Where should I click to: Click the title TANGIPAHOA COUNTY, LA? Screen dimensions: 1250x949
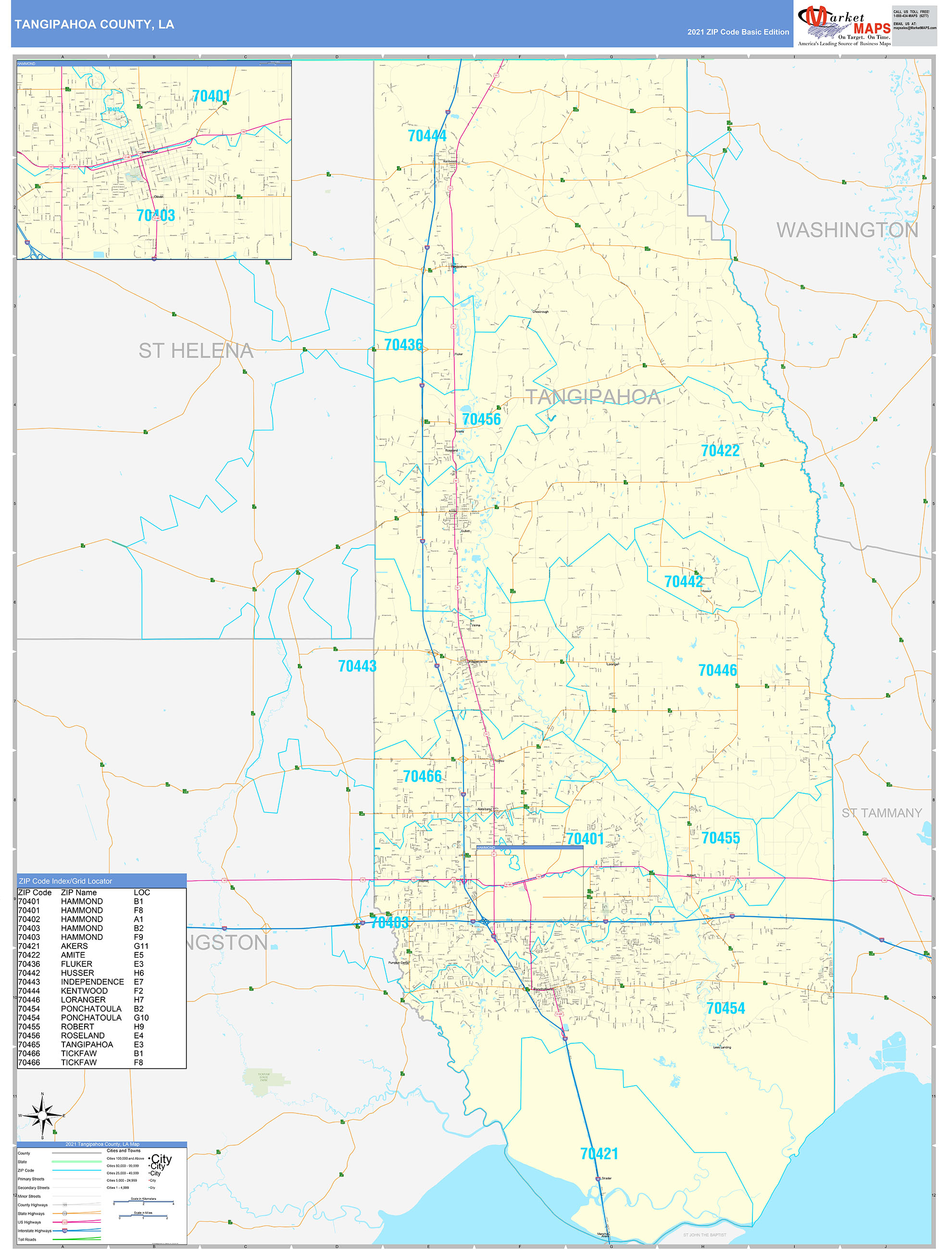tap(94, 25)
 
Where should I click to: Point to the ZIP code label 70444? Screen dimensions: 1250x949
tap(427, 136)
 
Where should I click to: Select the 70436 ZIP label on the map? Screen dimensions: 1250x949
tap(403, 345)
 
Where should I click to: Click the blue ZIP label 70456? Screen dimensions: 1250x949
tap(481, 419)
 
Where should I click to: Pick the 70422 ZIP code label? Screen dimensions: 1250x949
tap(720, 450)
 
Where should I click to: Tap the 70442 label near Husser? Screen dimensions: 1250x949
tap(683, 581)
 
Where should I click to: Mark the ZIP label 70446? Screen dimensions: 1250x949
tap(717, 670)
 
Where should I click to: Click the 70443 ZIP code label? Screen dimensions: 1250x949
tap(357, 666)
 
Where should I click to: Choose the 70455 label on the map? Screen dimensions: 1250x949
tap(720, 838)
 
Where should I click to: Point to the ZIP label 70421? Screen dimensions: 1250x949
tap(599, 1154)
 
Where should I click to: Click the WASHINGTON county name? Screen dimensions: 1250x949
tap(847, 230)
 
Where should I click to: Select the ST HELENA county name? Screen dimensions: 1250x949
tap(196, 351)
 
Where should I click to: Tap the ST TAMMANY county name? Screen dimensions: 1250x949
tap(881, 813)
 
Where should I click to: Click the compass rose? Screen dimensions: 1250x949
tap(42, 1116)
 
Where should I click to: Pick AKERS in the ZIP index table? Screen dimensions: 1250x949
tap(74, 946)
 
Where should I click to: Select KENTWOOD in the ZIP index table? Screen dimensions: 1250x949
tap(84, 990)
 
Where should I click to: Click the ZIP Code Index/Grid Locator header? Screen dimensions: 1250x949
tap(65, 881)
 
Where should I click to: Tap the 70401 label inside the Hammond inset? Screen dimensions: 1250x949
tap(211, 96)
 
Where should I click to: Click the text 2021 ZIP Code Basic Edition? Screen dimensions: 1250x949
tap(737, 32)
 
